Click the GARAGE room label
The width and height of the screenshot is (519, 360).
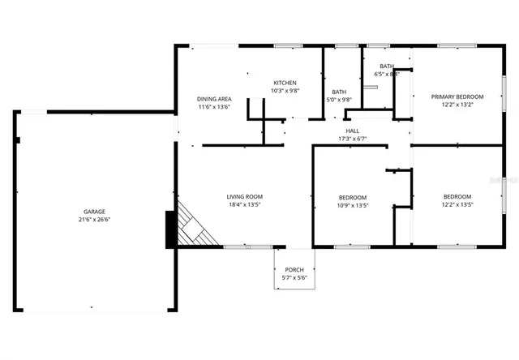click(x=94, y=211)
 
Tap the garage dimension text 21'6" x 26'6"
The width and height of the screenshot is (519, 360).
click(x=94, y=219)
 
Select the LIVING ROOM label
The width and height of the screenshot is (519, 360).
click(x=244, y=196)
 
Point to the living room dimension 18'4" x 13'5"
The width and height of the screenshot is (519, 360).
click(x=244, y=204)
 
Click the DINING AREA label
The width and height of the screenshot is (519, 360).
click(x=215, y=99)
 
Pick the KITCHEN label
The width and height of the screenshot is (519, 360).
click(x=285, y=83)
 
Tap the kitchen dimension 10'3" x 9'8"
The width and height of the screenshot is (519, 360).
click(x=285, y=91)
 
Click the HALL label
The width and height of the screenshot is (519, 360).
click(x=353, y=131)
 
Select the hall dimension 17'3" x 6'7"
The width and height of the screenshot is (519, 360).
click(x=353, y=139)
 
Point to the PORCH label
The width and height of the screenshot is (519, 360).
click(x=293, y=270)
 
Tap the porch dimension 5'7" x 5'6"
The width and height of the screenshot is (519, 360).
click(x=293, y=278)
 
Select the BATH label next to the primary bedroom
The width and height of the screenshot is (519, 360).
click(x=387, y=66)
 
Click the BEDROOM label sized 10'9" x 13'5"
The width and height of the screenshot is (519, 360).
click(x=353, y=198)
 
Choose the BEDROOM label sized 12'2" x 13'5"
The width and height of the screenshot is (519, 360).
click(x=457, y=196)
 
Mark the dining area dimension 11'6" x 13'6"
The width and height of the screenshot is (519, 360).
click(x=215, y=107)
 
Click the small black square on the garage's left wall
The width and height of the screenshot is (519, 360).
click(x=17, y=139)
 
